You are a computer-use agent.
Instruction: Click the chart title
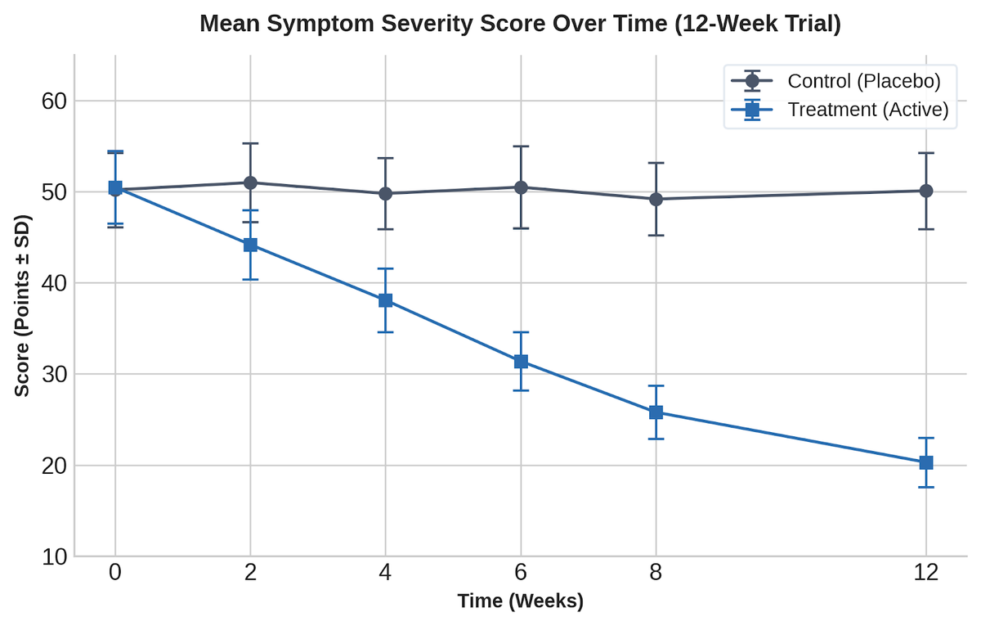point(520,24)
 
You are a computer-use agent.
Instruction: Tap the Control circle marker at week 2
point(250,182)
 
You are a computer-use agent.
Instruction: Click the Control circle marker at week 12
point(925,191)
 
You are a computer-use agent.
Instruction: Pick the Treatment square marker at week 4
point(385,300)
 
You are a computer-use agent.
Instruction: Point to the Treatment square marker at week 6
point(521,362)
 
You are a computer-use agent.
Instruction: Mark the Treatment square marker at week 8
point(656,412)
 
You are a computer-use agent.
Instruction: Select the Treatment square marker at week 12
point(925,462)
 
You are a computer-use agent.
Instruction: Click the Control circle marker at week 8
point(656,199)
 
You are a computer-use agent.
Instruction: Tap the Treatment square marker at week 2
point(250,245)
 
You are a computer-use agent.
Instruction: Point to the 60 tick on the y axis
point(54,101)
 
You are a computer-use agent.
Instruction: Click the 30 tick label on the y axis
point(54,375)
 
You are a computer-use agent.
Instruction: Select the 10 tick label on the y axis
point(54,556)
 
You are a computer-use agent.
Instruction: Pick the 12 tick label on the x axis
point(925,573)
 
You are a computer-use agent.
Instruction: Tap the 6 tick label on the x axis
point(521,573)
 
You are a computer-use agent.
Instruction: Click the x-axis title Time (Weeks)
point(520,601)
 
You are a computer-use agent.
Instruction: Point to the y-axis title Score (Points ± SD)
point(22,305)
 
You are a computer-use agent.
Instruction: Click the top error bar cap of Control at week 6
point(521,146)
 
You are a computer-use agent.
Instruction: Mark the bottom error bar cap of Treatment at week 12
point(925,487)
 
